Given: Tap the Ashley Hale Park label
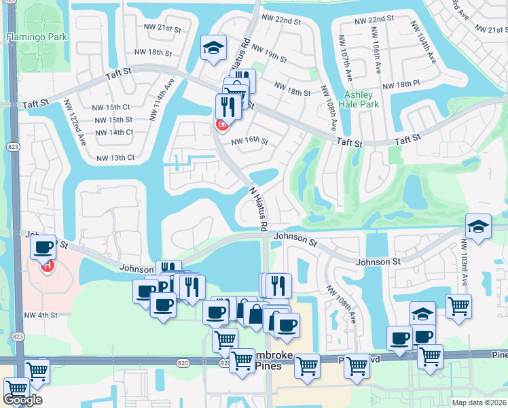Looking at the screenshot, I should point(361,100).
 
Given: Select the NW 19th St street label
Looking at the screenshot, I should point(264,55).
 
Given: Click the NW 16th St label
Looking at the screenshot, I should point(249,141).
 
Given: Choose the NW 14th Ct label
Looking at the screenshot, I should point(111,132).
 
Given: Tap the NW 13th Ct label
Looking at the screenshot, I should point(115,158).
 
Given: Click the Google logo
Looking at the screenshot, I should point(22,400).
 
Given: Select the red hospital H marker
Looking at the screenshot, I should point(48,266).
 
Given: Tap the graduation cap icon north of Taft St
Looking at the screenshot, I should point(213,47).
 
